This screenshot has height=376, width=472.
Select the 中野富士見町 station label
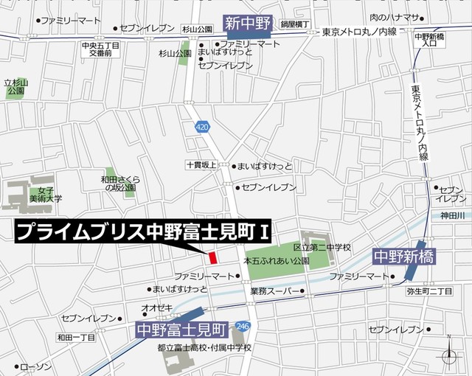click(182, 326)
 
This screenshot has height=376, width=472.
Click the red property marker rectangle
click(212, 257)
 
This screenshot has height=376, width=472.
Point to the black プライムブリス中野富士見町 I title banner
click(144, 232)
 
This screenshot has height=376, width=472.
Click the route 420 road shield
click(202, 128)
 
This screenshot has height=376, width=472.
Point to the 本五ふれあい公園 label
click(275, 261)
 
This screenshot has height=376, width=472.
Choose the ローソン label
click(35, 366)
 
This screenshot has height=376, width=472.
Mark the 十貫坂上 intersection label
click(201, 166)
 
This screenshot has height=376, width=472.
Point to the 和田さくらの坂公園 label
click(119, 182)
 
